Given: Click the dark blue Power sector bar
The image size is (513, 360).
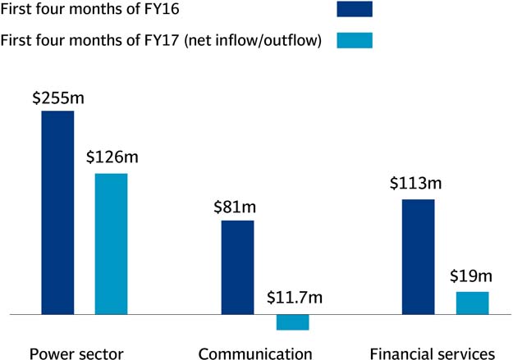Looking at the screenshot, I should coord(57,212).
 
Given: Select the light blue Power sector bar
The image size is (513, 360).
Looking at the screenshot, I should coord(111,244).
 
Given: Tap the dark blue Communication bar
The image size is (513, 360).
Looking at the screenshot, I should coord(238,267).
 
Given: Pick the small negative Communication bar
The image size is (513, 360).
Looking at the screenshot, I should coord(292,322).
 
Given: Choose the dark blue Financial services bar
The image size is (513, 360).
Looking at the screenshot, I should coord(418,256).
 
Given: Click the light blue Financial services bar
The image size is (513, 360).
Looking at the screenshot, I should coord(472,303).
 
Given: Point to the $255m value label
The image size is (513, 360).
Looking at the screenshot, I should coord(58,98).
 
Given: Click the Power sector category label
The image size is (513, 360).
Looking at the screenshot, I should coord(76,354).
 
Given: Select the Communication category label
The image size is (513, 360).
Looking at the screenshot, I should coord(255,354).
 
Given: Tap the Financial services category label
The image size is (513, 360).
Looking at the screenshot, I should coord(433,354).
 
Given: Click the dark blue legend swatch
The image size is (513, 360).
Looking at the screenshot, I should coord(355,9).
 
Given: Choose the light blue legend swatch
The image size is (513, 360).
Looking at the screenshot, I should coord(355,39).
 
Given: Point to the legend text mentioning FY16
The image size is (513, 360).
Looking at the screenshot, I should coord(94,10).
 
